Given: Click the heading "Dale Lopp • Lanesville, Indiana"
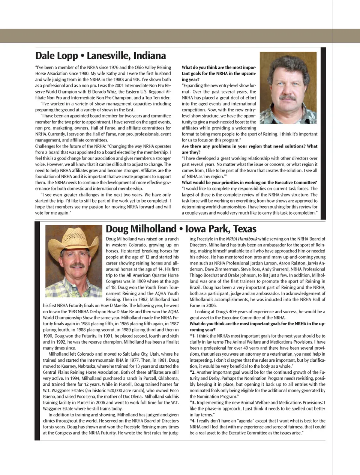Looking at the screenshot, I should tap(100, 56).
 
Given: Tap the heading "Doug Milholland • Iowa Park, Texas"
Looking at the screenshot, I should tap(181, 229).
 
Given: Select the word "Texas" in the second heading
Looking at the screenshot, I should tap(244, 229).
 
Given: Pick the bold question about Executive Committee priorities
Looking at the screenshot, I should tap(249, 183).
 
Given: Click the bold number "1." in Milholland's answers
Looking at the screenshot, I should tap(193, 336).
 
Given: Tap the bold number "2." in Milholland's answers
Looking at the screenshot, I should tap(193, 373).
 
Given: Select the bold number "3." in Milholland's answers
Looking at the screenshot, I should tap(193, 403).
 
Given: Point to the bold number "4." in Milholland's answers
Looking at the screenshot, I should tap(193, 421).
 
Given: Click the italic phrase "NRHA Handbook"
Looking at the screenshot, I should tap(241, 239).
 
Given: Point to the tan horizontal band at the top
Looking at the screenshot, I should tap(180, 36).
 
